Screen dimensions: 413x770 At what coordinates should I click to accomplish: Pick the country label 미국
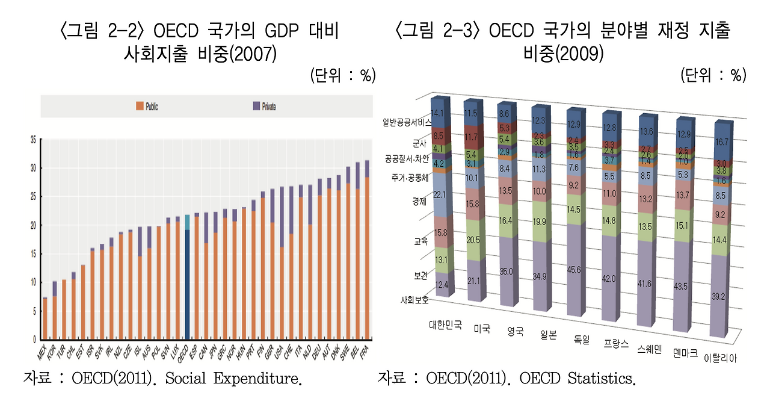pyautogui.click(x=482, y=329)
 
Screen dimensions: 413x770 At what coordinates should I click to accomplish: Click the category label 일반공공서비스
pyautogui.click(x=406, y=122)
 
